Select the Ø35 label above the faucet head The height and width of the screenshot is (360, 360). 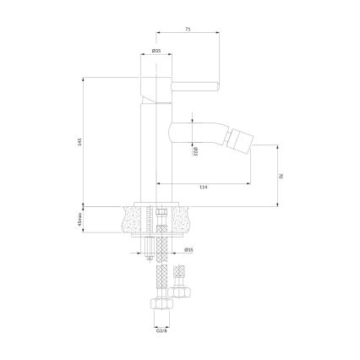click(x=156, y=52)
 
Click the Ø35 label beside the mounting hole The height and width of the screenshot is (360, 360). click(x=190, y=250)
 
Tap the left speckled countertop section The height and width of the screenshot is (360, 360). click(x=130, y=219)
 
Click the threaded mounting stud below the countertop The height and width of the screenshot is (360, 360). click(x=150, y=245)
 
